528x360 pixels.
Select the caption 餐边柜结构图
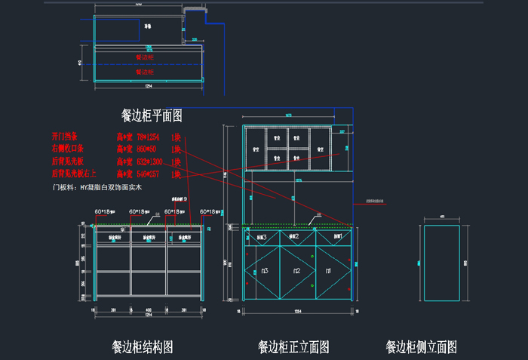[x=143, y=346]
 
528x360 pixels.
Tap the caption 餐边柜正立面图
[x=293, y=347]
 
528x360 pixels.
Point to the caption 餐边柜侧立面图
[x=421, y=347]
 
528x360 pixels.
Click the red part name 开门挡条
[x=65, y=137]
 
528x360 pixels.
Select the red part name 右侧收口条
[x=68, y=149]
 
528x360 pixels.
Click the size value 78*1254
[x=148, y=137]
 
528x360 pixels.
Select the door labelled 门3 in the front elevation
[x=264, y=270]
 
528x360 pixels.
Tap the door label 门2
[x=296, y=270]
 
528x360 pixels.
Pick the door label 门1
[x=328, y=270]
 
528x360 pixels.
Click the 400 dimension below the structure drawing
[x=149, y=309]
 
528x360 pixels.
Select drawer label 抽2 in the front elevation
[x=296, y=237]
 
